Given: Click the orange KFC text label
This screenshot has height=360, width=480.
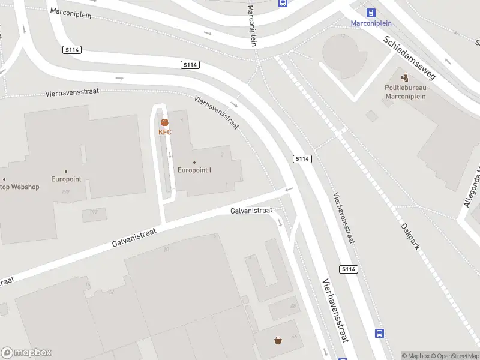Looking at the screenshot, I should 164,132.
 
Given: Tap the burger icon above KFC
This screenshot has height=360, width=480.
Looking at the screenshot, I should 164,123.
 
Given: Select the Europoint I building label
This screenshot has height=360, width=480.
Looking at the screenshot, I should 194,170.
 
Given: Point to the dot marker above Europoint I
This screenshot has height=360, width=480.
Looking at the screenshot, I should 194,162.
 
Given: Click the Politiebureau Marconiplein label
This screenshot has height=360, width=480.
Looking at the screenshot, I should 405,91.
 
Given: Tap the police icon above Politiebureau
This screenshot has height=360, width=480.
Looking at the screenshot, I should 405,77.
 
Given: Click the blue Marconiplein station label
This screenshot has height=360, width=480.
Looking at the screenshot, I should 371,23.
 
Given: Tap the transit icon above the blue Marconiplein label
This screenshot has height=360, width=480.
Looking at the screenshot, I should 371,13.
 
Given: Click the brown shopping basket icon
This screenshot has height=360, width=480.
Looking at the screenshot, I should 278,341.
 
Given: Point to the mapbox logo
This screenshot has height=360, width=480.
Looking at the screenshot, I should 26,353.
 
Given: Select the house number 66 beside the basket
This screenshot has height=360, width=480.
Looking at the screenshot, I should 294,337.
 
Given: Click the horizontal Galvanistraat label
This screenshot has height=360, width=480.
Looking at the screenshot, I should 251,211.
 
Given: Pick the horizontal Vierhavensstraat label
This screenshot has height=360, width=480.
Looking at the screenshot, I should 72,92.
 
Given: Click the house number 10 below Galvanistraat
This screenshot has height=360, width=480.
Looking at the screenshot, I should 166,250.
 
